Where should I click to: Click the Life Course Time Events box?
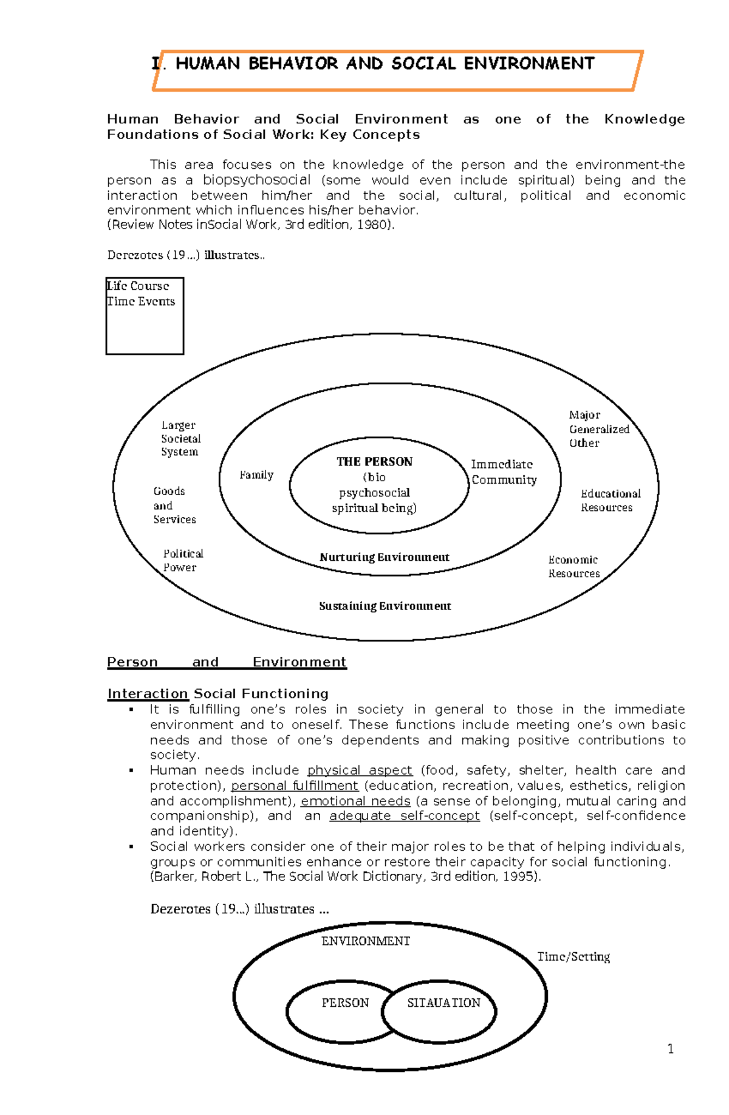(x=145, y=315)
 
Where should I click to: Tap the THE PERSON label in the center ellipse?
(x=374, y=462)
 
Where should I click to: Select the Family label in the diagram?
(x=256, y=475)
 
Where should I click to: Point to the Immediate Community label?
(x=504, y=472)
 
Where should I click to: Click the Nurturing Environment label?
(x=384, y=557)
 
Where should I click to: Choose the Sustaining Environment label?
(x=385, y=606)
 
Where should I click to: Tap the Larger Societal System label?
(x=180, y=439)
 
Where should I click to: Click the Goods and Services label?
(x=174, y=506)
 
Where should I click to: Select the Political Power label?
(x=182, y=560)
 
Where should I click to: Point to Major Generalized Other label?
(x=598, y=429)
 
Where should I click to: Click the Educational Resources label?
(x=609, y=501)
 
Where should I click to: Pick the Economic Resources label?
(x=573, y=566)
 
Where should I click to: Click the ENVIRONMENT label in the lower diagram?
(x=365, y=941)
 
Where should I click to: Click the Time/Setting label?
(x=573, y=956)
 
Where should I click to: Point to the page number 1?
(x=670, y=1049)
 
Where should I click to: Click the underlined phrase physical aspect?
(x=360, y=770)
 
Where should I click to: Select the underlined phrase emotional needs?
(x=355, y=801)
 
